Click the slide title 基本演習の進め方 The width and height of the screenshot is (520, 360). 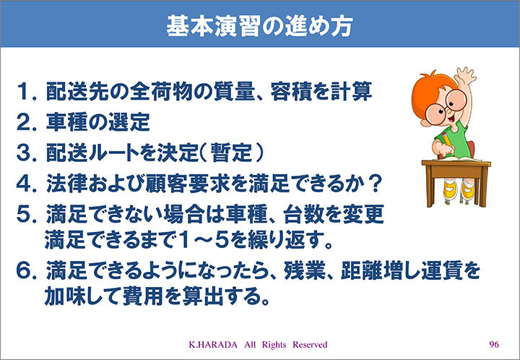click(259, 25)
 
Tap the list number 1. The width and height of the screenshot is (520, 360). click(27, 92)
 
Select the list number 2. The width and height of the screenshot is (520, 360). click(27, 122)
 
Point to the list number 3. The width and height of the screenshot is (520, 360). click(27, 153)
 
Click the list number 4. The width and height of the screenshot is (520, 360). click(27, 184)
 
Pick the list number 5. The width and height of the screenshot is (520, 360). click(27, 215)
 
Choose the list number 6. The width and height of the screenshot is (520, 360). click(27, 271)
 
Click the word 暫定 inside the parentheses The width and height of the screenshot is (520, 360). click(231, 153)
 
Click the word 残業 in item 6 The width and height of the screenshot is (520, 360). click(305, 270)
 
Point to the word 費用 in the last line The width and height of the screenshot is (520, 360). click(143, 296)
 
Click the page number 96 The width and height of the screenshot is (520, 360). click(494, 344)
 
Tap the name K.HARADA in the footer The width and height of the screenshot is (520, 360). click(213, 345)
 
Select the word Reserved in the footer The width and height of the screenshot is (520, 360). click(310, 345)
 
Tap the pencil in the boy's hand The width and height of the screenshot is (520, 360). click(447, 141)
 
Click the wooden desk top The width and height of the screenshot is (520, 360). click(456, 163)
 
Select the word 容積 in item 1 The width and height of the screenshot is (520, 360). click(292, 92)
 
